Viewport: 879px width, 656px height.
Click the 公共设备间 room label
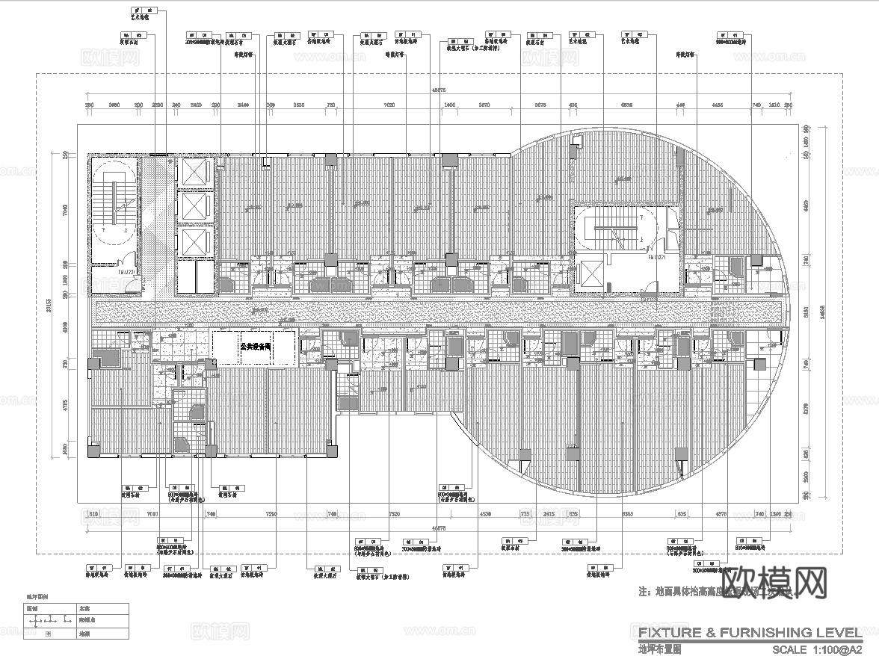254,347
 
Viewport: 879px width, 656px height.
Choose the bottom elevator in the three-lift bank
195,241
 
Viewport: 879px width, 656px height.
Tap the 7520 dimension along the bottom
395,514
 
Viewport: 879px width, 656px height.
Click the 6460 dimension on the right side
806,202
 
